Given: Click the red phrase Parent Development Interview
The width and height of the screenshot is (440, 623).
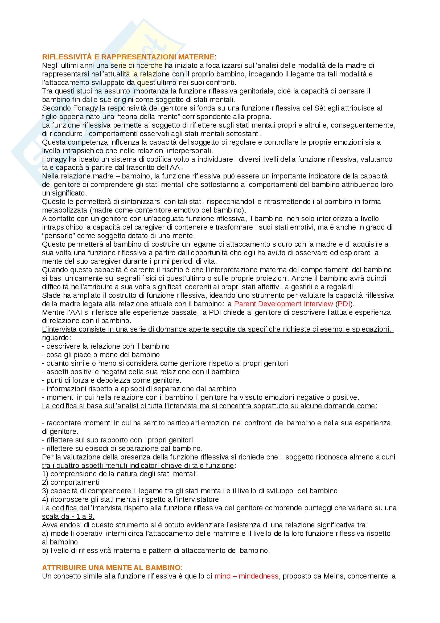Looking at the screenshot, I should pyautogui.click(x=283, y=304).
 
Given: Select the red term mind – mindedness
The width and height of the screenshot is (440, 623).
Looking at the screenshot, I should pyautogui.click(x=246, y=576).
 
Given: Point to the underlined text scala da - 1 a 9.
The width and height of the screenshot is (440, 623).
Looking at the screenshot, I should pyautogui.click(x=68, y=516).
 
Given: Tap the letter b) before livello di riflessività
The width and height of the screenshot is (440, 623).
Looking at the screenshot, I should pyautogui.click(x=45, y=550).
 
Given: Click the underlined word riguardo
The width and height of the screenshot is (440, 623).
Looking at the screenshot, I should pyautogui.click(x=55, y=338).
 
